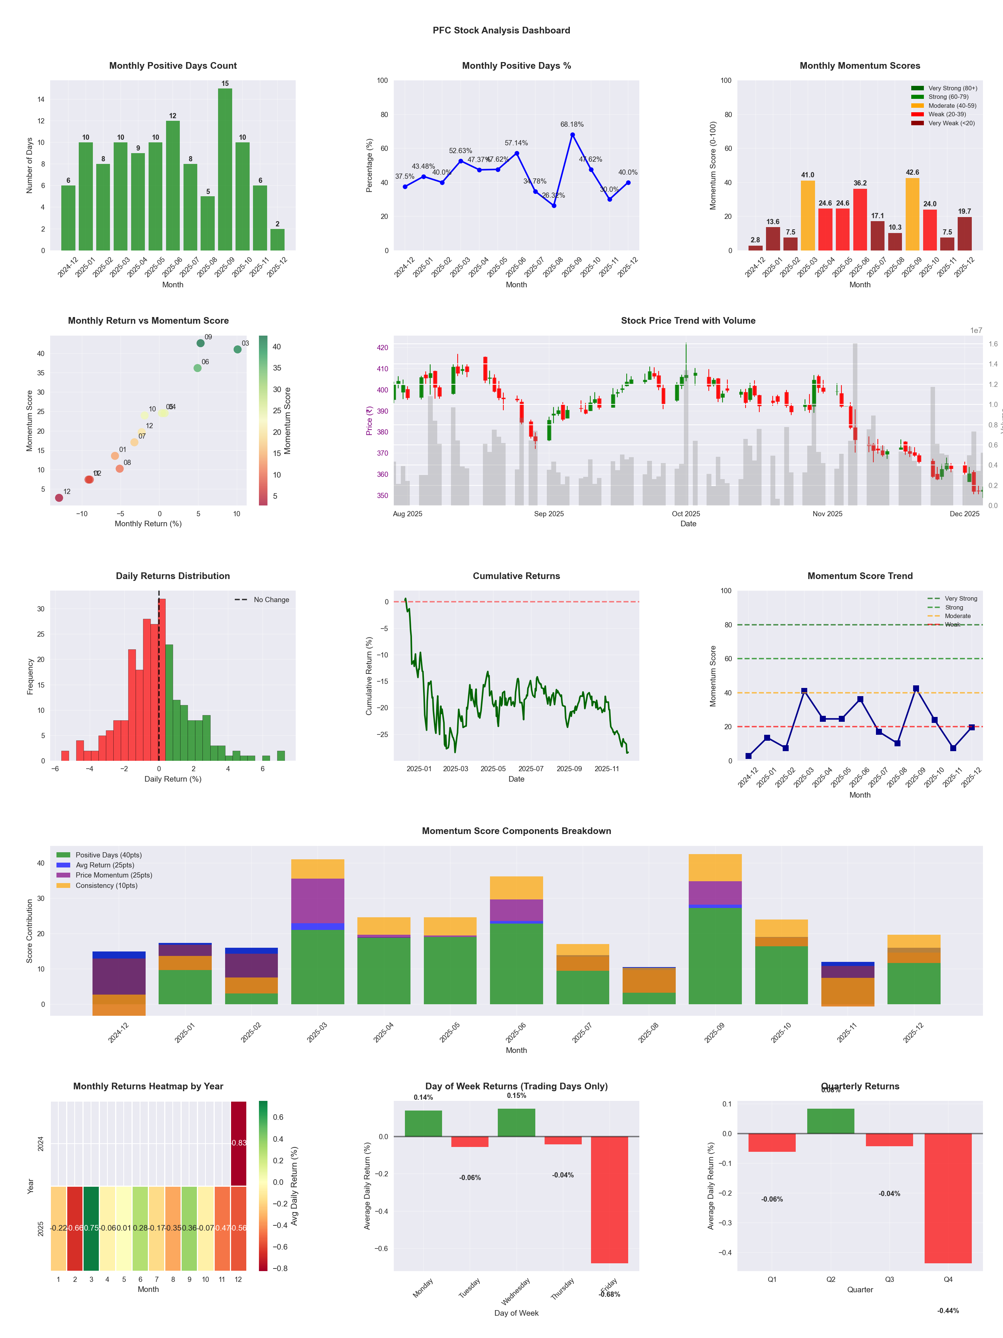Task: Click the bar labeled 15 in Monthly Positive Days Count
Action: pyautogui.click(x=225, y=169)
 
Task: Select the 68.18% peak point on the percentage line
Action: pyautogui.click(x=572, y=134)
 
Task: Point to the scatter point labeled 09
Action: pyautogui.click(x=201, y=343)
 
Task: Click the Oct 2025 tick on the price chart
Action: pyautogui.click(x=686, y=514)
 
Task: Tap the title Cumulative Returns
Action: pyautogui.click(x=516, y=576)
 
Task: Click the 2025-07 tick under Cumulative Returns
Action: pyautogui.click(x=531, y=769)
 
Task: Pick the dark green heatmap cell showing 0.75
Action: pyautogui.click(x=91, y=1228)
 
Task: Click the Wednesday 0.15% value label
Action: pyautogui.click(x=516, y=1095)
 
